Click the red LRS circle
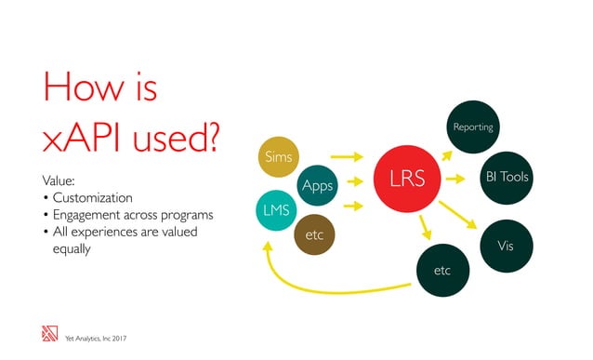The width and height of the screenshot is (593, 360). (x=407, y=180)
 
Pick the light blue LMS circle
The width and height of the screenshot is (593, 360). (x=274, y=210)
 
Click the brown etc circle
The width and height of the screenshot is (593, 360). (x=313, y=236)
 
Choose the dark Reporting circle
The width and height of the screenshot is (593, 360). (x=472, y=127)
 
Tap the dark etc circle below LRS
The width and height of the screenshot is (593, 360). (x=442, y=270)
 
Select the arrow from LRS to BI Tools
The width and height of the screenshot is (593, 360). (x=455, y=178)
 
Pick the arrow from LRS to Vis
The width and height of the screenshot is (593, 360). (x=458, y=213)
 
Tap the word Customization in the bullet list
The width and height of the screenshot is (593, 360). (x=92, y=198)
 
